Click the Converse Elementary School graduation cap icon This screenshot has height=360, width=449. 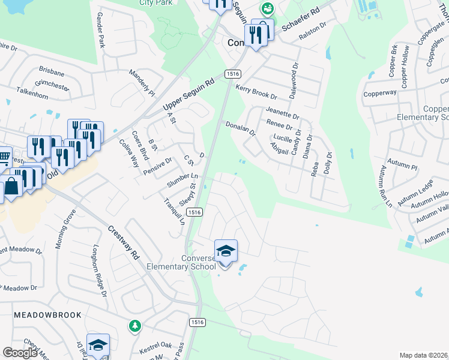click(226, 251)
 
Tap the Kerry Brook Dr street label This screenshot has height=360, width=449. click(256, 92)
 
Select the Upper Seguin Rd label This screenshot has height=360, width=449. click(188, 95)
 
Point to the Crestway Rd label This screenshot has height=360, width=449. click(124, 242)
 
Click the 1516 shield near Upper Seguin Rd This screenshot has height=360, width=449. click(233, 73)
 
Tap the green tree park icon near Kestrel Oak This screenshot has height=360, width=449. click(136, 326)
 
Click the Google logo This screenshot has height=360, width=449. click(20, 353)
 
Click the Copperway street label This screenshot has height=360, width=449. click(380, 94)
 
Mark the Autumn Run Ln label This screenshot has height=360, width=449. click(385, 187)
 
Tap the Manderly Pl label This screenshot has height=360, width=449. click(142, 82)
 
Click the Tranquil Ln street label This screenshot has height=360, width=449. click(175, 210)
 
